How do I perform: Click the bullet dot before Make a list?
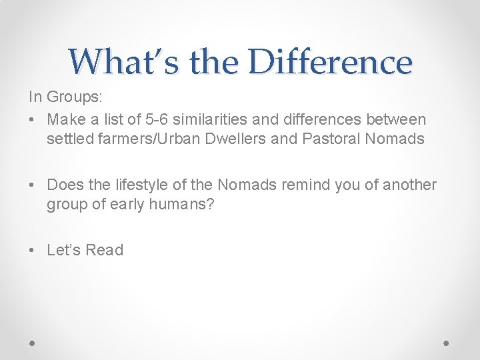pos(33,120)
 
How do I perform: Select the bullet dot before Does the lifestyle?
pos(33,185)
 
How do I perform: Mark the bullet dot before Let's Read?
pos(33,251)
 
